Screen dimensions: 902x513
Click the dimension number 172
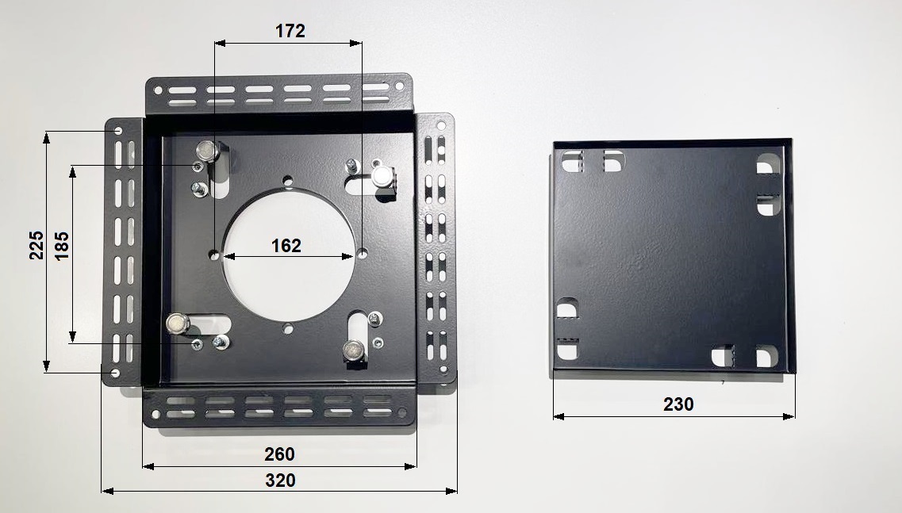pyautogui.click(x=290, y=31)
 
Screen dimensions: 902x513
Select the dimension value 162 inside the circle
pyautogui.click(x=286, y=246)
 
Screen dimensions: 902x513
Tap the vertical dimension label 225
pyautogui.click(x=36, y=246)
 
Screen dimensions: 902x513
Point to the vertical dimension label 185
pyautogui.click(x=62, y=246)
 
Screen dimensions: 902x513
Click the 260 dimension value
pyautogui.click(x=279, y=454)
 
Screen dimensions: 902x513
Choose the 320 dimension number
pyautogui.click(x=280, y=480)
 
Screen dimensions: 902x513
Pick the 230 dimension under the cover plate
pyautogui.click(x=678, y=404)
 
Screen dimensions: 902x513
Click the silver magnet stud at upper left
pyautogui.click(x=207, y=151)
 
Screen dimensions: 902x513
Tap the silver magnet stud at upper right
pyautogui.click(x=382, y=176)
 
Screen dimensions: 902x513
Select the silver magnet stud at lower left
pyautogui.click(x=178, y=323)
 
